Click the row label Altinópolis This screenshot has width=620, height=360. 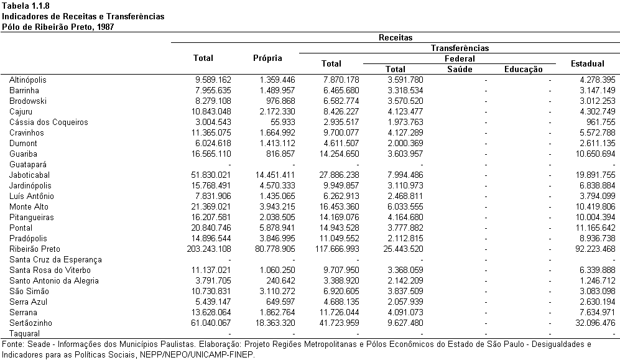coord(28,80)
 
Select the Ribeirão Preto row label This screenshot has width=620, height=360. coord(35,249)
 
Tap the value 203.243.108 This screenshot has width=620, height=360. coord(209,249)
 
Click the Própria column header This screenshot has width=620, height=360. coord(267,58)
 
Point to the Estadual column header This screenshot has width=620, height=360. coord(588,63)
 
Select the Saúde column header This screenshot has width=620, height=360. coord(460,70)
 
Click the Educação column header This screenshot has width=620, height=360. coord(524,70)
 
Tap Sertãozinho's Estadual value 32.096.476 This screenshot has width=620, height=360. coord(595,323)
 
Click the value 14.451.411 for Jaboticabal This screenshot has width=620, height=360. coord(275,175)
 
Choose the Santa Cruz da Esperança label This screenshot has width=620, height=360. coord(55,260)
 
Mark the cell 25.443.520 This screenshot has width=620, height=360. coord(404,249)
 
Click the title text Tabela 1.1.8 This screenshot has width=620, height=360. coord(25,6)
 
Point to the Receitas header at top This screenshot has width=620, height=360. coord(396,37)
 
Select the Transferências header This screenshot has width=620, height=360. coord(460,48)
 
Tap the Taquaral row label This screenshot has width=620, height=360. coord(24,334)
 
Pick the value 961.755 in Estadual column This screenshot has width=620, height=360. coord(601,122)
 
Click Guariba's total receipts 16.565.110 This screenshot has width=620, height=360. coord(211,154)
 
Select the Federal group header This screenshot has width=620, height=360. coord(460,59)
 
